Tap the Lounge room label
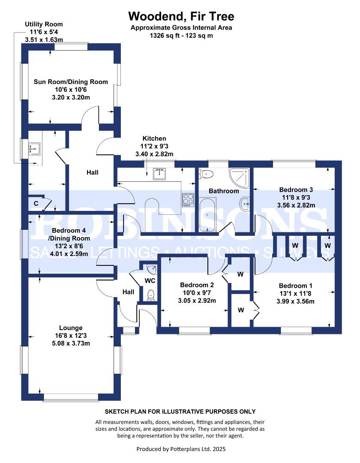point(71,328)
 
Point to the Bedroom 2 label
point(197,285)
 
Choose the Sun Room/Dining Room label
point(71,82)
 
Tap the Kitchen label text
point(154,138)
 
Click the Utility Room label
point(44,24)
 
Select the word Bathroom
point(223,191)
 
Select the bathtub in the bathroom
point(208,214)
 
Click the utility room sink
point(34,149)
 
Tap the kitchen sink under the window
point(161,174)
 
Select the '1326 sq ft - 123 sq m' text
point(181,36)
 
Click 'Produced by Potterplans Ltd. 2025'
point(180,449)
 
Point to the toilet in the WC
point(150,295)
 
